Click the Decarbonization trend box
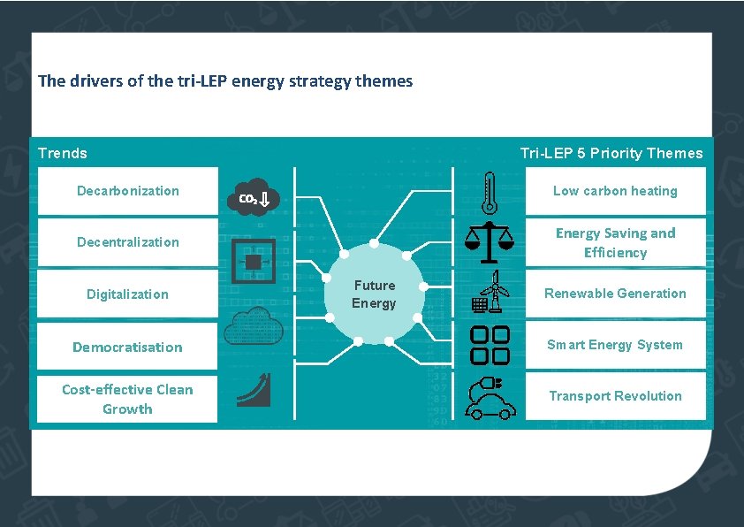tap(127, 191)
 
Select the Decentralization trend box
tap(127, 242)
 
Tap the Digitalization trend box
tap(127, 294)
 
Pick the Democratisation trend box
tap(127, 347)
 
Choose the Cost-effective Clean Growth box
tap(127, 399)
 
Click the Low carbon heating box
tap(615, 191)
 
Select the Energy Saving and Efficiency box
tap(615, 242)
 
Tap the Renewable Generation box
tap(615, 294)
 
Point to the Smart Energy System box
tap(615, 345)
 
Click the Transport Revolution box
tap(615, 396)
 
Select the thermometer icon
tap(490, 192)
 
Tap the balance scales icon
tap(489, 242)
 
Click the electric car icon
tap(490, 398)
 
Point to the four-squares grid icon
tap(490, 345)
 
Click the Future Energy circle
tap(375, 294)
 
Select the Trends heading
tap(63, 154)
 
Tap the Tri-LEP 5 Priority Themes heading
tap(611, 154)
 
